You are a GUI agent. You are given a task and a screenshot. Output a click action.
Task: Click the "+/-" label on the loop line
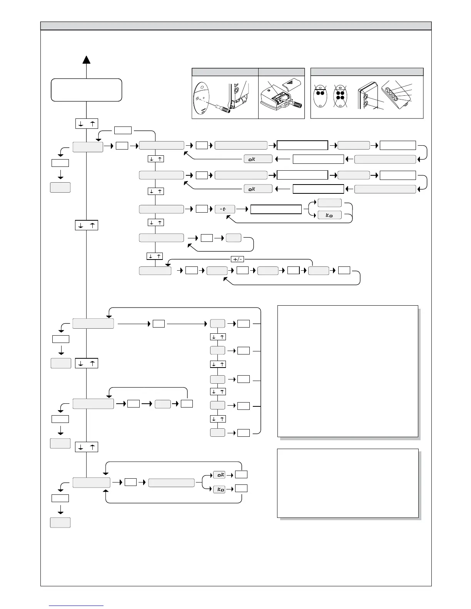[237, 259]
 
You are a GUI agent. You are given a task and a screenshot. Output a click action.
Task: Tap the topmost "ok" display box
[258, 159]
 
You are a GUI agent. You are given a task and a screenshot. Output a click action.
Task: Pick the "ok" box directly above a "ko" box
[219, 475]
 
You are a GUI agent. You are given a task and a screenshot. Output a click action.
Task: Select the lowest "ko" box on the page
[219, 489]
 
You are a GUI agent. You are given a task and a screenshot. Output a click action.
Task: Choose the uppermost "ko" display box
[329, 215]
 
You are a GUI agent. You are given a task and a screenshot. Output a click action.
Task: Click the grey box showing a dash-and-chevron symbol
[224, 209]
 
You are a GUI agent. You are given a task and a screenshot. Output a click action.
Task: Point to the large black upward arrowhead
[87, 59]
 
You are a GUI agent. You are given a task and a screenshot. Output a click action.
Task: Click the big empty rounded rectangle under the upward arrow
[87, 90]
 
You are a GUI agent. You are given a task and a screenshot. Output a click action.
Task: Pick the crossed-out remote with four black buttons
[340, 96]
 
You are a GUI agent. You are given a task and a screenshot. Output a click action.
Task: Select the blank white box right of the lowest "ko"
[241, 489]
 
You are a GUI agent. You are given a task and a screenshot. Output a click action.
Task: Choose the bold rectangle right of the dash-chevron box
[276, 209]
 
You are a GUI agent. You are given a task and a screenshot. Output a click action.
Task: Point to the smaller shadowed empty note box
[348, 483]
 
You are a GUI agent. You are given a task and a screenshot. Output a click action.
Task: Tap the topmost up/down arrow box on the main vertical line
[87, 124]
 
